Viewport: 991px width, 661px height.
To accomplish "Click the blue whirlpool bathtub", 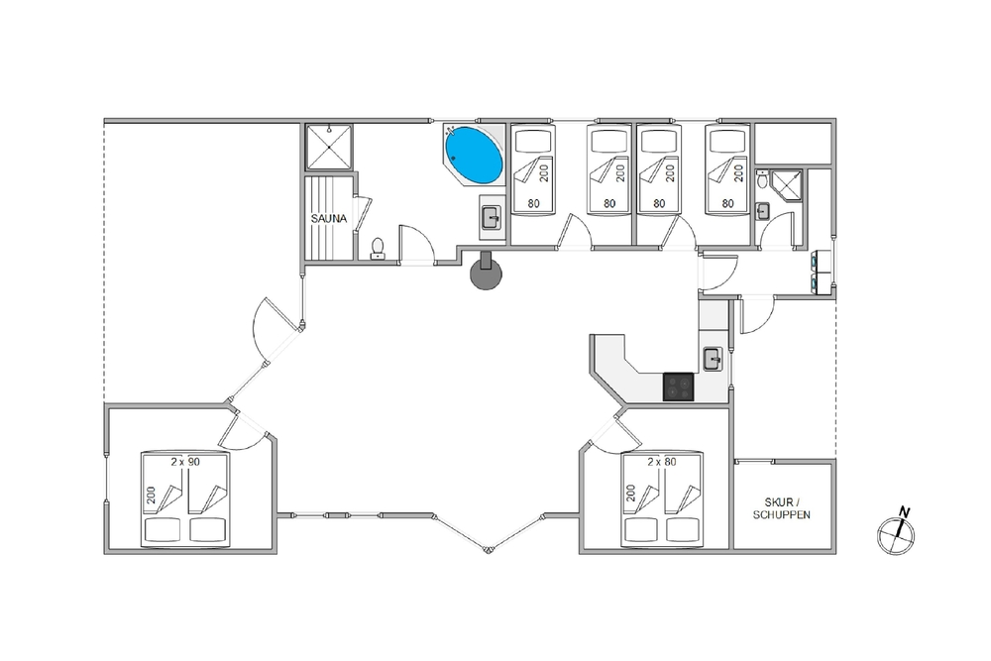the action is (x=474, y=155).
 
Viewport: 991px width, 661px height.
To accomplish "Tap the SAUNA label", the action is (x=329, y=219).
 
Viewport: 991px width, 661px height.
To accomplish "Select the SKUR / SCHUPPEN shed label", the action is (x=782, y=508).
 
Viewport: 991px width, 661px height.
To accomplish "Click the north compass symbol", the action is (x=896, y=534).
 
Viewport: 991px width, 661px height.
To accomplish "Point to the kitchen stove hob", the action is (x=678, y=386).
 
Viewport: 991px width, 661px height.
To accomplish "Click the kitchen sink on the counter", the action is (x=713, y=359).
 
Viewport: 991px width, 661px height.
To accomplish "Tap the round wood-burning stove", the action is (x=486, y=273).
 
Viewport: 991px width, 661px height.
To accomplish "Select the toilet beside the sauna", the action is (x=378, y=249).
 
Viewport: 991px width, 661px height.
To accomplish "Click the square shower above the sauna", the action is (x=329, y=147).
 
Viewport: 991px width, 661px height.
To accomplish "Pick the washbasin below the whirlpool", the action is (x=492, y=218).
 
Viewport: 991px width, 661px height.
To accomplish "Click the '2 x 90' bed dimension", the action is (x=185, y=462).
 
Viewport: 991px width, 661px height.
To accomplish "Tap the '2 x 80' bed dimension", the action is (x=662, y=462).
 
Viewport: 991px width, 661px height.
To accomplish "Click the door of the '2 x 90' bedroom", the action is (x=244, y=430).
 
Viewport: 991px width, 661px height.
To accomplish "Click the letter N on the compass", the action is (x=905, y=512).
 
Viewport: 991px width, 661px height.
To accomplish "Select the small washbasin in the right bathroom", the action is (x=763, y=210).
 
